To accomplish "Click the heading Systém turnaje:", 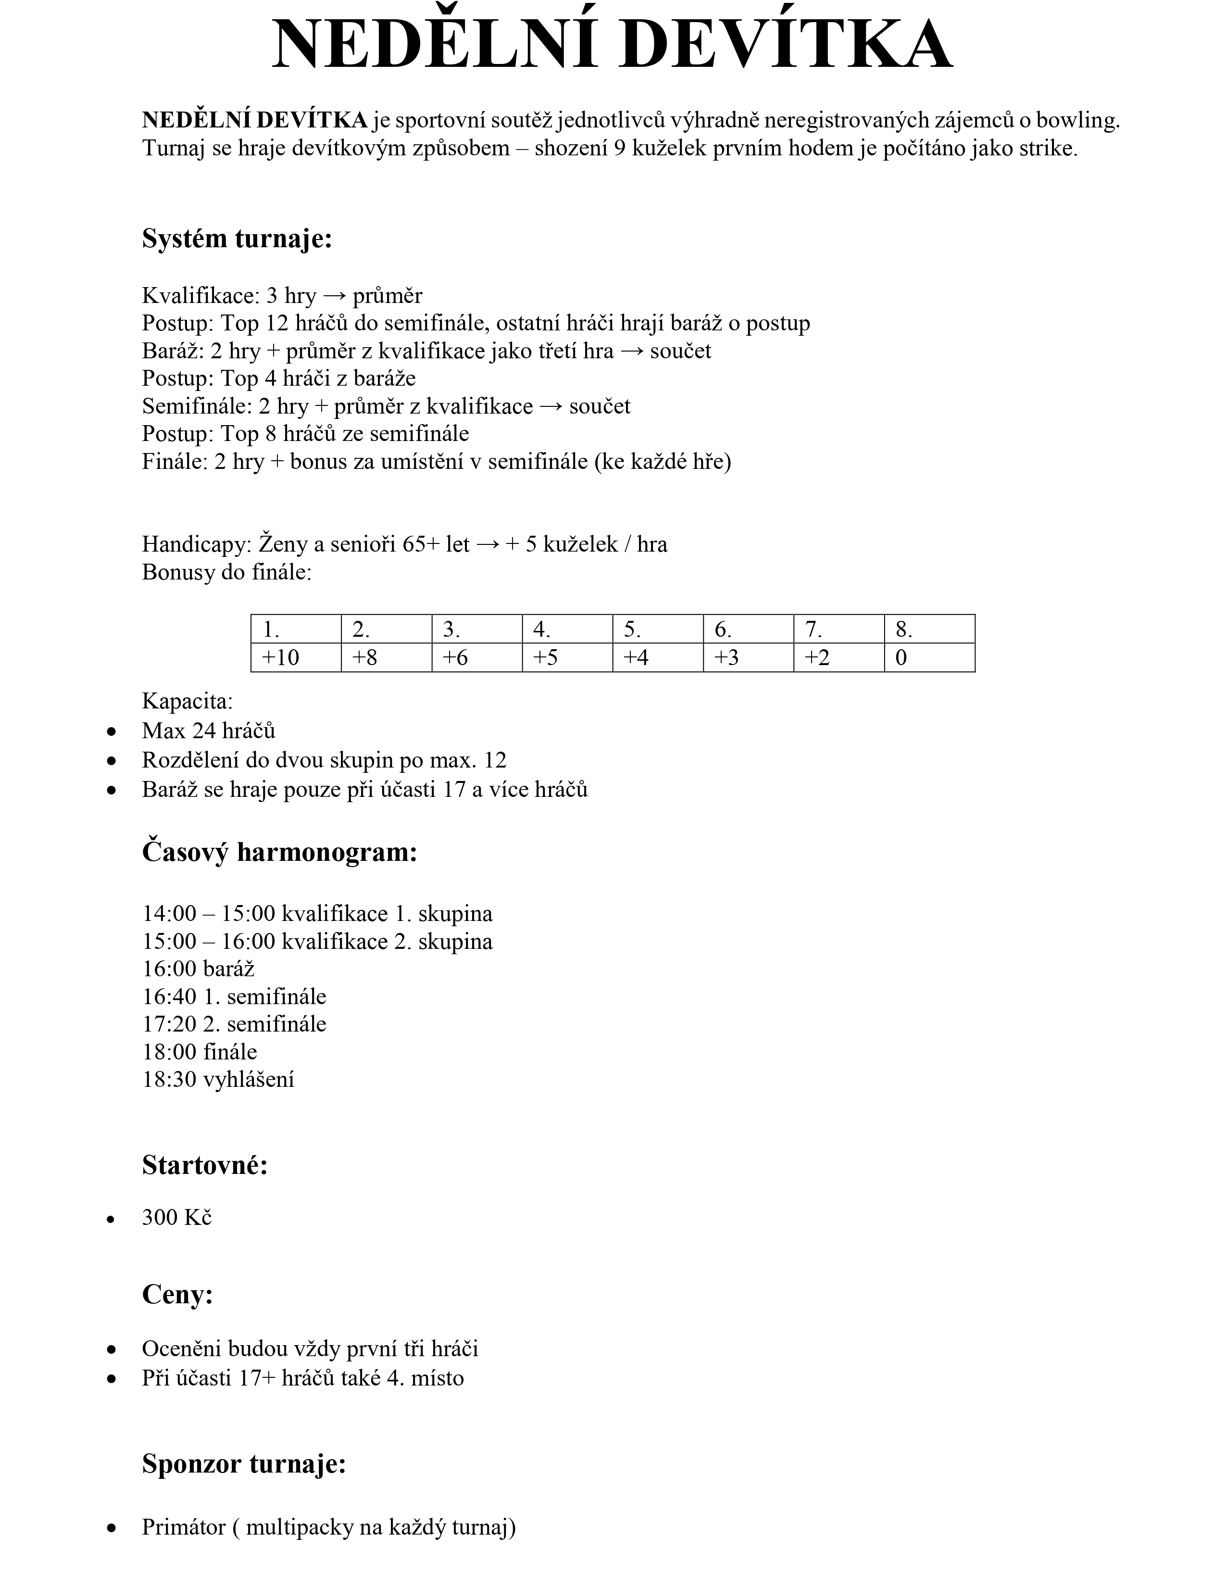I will [237, 239].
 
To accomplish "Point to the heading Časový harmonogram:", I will [280, 852].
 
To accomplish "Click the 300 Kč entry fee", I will [176, 1217].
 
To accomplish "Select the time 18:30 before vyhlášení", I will [169, 1079].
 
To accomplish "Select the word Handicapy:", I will [197, 544].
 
